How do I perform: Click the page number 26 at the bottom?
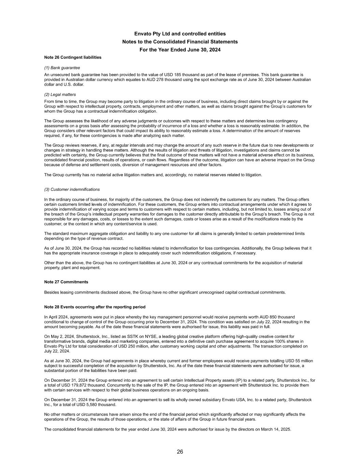[x=180, y=452]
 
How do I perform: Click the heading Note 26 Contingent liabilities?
[x=73, y=57]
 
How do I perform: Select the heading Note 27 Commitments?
[x=66, y=282]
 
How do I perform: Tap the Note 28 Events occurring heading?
[x=95, y=307]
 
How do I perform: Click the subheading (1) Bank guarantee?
[x=62, y=68]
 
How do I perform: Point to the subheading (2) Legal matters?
[x=60, y=95]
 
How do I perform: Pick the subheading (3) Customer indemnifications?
[x=72, y=189]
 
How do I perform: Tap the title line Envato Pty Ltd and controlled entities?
[x=180, y=34]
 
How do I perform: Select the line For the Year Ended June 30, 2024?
[x=180, y=50]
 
